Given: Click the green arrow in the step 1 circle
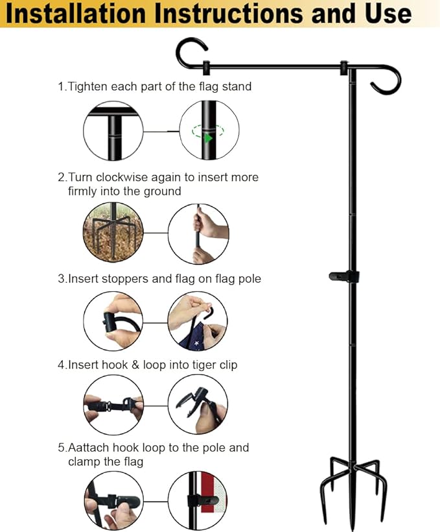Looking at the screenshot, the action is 208,138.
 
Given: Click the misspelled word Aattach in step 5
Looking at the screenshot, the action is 89,448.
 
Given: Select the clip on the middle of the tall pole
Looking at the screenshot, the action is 343,276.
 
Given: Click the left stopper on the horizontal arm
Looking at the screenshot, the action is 206,67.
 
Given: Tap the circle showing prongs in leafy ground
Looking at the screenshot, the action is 113,233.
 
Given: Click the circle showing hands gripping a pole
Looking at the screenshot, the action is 198,234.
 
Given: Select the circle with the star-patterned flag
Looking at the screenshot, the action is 198,320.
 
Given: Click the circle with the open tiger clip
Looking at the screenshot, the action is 198,404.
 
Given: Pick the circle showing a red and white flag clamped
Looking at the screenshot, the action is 198,500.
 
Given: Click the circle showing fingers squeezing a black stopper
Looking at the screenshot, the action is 113,321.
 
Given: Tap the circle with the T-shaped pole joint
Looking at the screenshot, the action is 113,130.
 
